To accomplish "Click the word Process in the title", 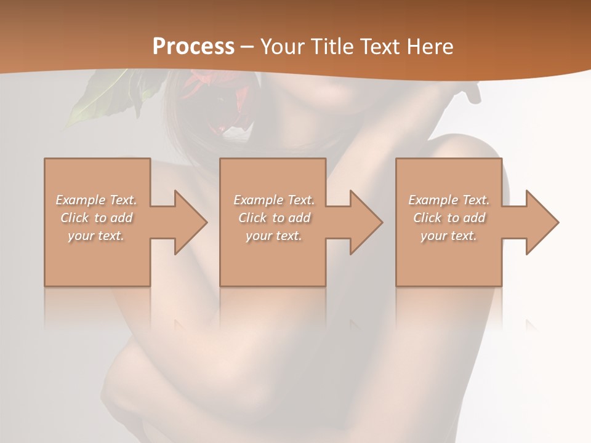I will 193,47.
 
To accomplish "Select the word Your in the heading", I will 283,47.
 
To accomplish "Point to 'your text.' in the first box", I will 96,236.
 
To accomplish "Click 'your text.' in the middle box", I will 274,236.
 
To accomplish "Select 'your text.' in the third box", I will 449,236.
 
